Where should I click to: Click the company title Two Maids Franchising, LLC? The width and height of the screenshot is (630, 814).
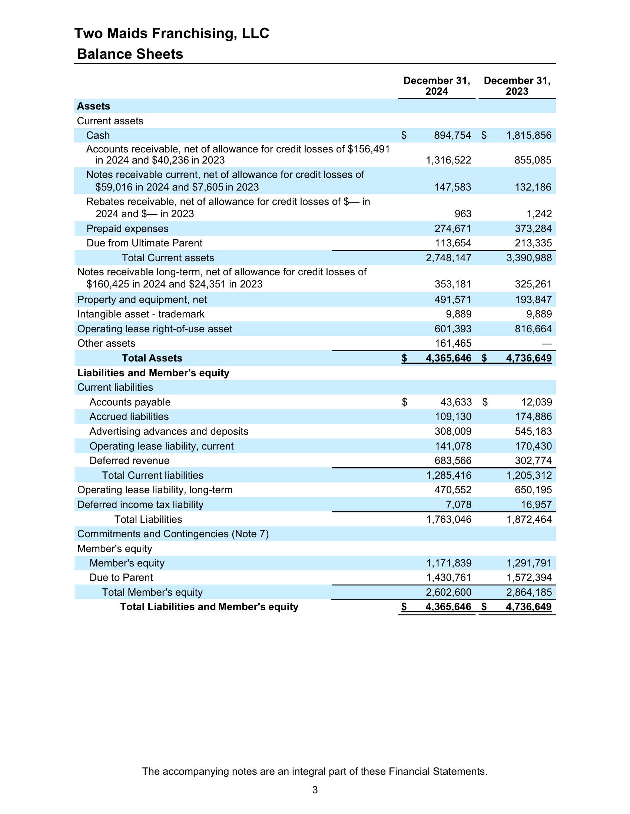tap(172, 33)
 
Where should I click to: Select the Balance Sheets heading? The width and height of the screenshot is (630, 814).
tap(130, 54)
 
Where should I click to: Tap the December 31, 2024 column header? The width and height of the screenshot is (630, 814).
tap(437, 86)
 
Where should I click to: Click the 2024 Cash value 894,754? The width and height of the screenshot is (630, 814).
tap(452, 135)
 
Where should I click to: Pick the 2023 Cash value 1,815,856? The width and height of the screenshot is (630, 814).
tap(528, 135)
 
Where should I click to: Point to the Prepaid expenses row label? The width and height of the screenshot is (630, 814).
tap(127, 228)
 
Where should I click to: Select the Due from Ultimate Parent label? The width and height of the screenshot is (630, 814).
tap(144, 243)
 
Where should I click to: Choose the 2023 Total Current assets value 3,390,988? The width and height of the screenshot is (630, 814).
tap(529, 258)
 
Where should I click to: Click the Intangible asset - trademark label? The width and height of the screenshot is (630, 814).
tap(141, 314)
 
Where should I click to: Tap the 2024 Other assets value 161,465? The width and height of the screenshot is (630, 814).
tap(453, 343)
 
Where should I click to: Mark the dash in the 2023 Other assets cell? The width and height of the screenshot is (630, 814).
tap(547, 344)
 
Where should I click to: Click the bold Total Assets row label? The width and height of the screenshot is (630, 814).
tap(152, 358)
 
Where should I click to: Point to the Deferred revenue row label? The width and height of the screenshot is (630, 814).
tap(129, 461)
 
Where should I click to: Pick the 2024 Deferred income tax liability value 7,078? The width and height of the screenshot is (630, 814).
tap(458, 505)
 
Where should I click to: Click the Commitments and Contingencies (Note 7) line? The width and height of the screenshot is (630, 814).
tap(173, 534)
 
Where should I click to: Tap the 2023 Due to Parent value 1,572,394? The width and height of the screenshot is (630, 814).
tap(529, 577)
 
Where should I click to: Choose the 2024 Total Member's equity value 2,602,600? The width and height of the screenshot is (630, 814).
tap(449, 592)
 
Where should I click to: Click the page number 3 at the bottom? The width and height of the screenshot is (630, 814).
tap(315, 790)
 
